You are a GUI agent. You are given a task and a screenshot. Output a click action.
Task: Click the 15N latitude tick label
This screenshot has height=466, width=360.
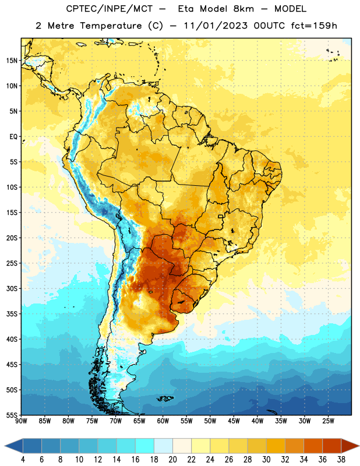click(12, 61)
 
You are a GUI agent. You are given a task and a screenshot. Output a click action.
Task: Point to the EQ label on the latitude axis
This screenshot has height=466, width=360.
click(13, 137)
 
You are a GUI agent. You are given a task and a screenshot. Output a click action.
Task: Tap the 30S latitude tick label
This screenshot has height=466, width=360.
click(12, 288)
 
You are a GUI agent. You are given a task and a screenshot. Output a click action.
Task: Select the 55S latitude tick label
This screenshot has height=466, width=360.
click(12, 415)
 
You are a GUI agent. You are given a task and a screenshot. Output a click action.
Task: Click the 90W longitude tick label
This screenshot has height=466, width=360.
click(21, 421)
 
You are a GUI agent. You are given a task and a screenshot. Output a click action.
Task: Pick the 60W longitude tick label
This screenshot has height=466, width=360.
click(163, 421)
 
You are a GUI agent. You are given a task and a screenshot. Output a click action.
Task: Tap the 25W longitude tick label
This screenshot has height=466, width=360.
click(328, 421)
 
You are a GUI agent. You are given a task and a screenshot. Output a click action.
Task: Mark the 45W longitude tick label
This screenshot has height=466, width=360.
click(234, 421)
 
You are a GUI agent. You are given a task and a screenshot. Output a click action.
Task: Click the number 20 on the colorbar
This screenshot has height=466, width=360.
click(172, 460)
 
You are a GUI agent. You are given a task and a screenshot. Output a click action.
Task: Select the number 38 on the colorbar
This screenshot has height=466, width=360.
click(341, 460)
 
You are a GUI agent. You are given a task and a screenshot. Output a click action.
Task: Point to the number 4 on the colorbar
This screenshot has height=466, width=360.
click(23, 460)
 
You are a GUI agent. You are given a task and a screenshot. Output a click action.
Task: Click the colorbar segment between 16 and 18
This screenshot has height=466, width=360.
click(145, 446)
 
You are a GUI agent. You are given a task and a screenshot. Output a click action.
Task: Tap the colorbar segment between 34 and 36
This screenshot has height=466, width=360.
click(313, 446)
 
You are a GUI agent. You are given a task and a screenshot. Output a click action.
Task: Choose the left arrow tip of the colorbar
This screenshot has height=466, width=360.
click(5, 446)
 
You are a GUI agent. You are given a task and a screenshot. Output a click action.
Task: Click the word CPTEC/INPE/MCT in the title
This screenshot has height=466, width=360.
click(110, 9)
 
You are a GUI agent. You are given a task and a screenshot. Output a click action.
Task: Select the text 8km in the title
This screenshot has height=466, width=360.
click(243, 9)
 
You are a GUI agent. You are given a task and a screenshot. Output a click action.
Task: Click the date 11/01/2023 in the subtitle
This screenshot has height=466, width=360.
click(215, 26)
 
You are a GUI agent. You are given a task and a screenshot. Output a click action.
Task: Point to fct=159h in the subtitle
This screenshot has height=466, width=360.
click(314, 26)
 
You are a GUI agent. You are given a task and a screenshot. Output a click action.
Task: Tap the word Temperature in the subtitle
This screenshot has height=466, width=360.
click(111, 26)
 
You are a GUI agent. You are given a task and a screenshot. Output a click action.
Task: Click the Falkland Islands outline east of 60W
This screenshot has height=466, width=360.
click(165, 398)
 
